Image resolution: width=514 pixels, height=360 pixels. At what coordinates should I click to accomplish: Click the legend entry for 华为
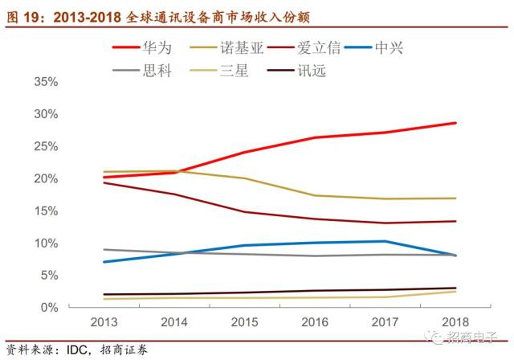click(x=142, y=48)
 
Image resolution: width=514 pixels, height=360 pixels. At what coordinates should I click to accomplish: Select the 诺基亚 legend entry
click(x=226, y=48)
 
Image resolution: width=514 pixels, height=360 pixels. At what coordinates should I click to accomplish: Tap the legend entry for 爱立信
click(x=304, y=48)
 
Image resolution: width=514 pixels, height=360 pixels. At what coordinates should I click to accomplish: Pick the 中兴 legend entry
click(x=374, y=48)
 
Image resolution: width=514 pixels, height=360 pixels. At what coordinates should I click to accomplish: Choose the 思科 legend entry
click(x=142, y=70)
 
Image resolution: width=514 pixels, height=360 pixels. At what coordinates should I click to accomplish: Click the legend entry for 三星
click(x=219, y=70)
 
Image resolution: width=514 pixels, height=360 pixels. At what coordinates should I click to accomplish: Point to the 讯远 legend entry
click(x=296, y=70)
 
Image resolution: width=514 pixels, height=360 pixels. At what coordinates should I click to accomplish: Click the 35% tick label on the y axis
click(x=46, y=82)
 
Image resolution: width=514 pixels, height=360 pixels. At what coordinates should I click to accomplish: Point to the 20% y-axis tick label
click(x=46, y=178)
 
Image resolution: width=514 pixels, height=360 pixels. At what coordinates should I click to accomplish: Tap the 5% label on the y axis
click(x=50, y=276)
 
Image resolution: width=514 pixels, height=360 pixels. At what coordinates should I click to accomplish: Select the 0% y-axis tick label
click(x=50, y=308)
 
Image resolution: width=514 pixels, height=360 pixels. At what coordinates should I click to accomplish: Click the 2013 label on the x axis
click(x=104, y=322)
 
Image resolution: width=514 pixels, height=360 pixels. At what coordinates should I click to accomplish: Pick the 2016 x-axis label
click(x=315, y=322)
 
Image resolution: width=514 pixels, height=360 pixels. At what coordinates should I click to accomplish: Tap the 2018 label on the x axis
click(x=455, y=322)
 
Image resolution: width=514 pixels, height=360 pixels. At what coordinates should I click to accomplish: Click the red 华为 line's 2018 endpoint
click(x=455, y=123)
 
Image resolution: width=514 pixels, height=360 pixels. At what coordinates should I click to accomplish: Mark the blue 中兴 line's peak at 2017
click(x=385, y=241)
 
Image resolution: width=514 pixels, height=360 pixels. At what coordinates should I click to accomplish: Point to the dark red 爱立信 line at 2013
click(x=104, y=182)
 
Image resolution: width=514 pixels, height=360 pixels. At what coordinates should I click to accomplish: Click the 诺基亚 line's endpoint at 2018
click(x=455, y=198)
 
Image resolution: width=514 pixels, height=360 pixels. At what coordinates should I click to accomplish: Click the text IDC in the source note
click(x=77, y=350)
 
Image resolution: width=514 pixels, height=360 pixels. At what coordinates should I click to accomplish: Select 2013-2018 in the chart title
click(x=88, y=17)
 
